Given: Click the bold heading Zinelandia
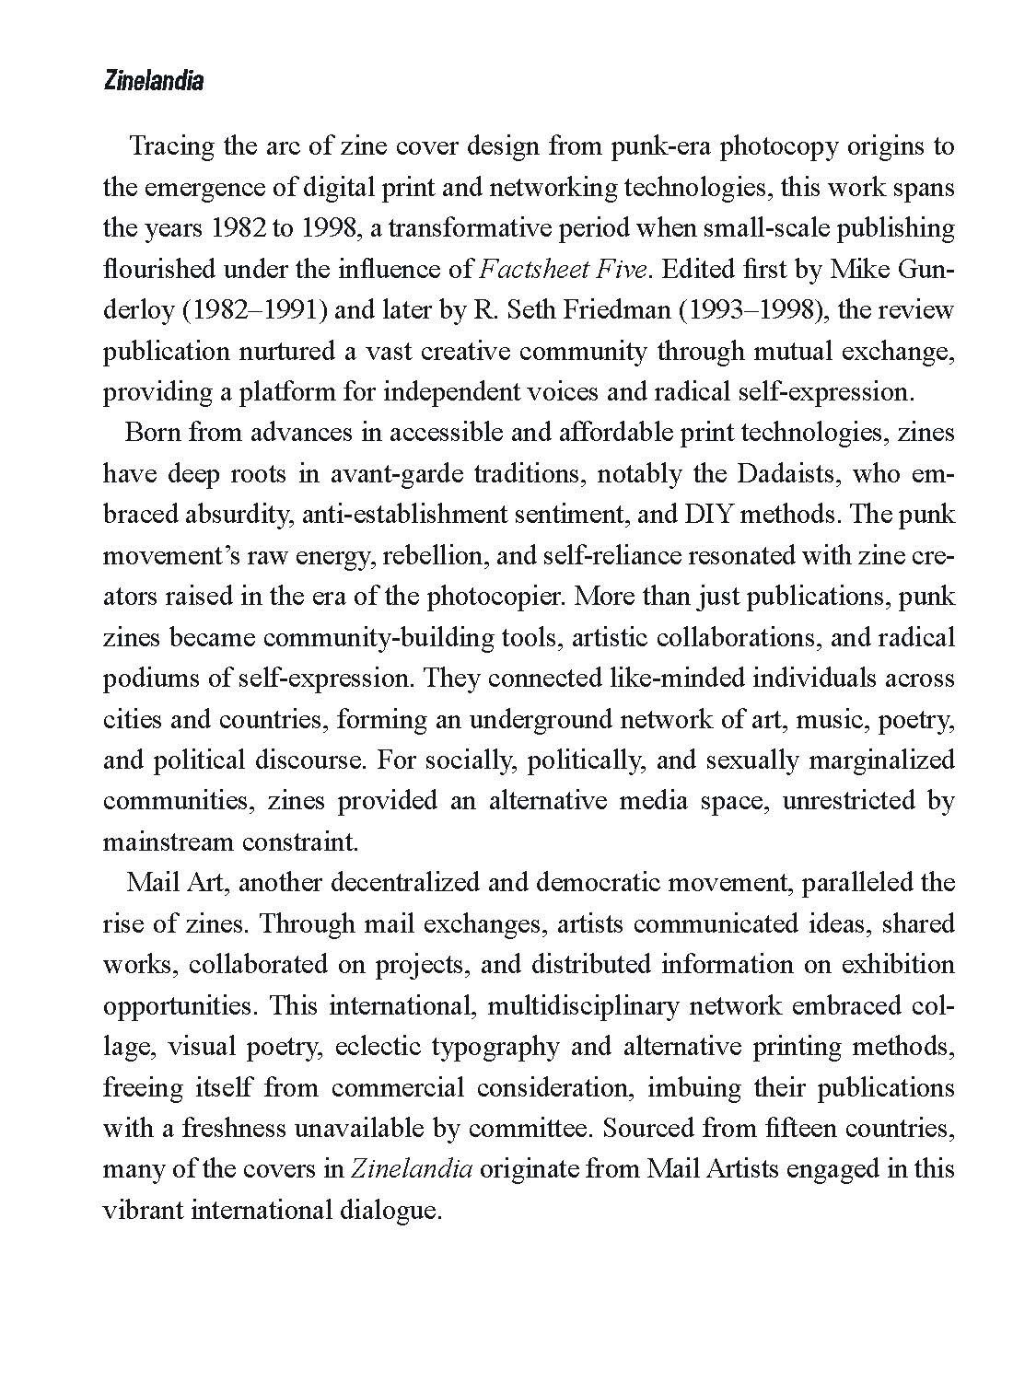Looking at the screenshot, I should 152,82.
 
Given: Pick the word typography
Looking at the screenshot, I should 495,1046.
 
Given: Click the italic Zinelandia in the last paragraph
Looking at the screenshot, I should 413,1168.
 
